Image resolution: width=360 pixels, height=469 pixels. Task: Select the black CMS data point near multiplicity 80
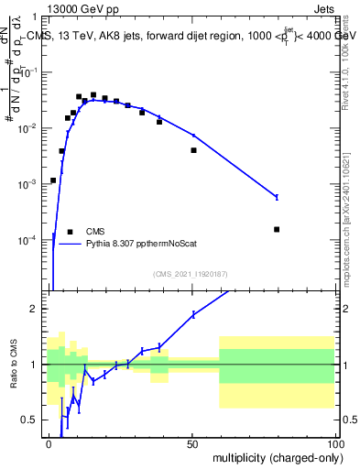point(277,229)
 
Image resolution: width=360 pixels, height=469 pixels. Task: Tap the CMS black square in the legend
point(70,232)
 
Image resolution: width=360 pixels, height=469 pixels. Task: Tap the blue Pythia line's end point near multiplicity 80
point(277,197)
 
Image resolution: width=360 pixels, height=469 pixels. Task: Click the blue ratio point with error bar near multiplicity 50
point(193,314)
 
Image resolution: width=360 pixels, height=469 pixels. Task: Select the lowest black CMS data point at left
point(53,180)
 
